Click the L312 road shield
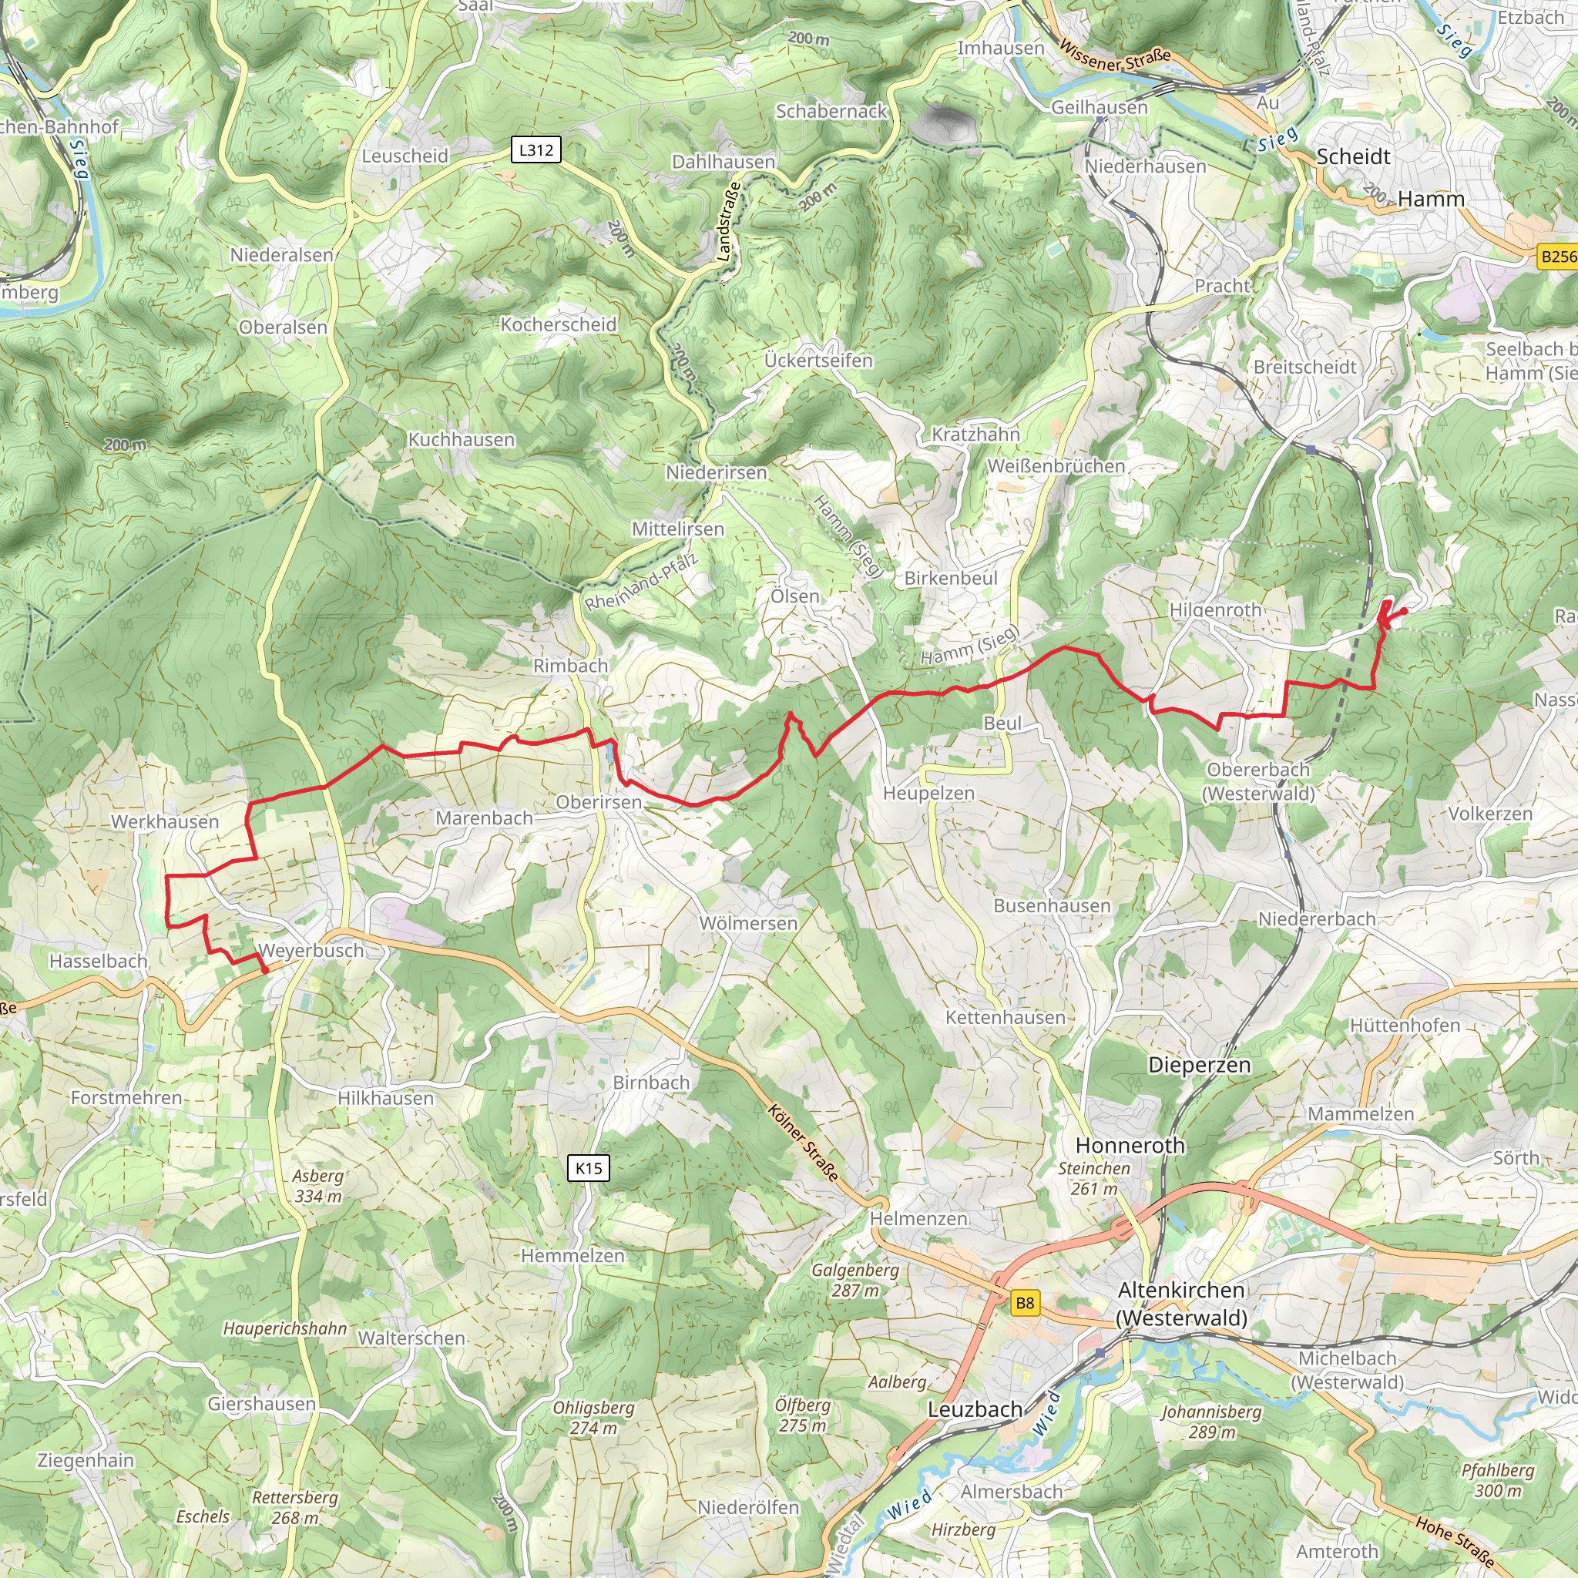point(536,149)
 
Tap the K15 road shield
point(588,1168)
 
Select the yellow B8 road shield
point(1024,1303)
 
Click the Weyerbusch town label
point(311,951)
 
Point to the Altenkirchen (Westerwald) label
point(1181,1304)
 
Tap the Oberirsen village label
point(599,802)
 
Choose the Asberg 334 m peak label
point(318,1186)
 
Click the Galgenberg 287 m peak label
point(855,1280)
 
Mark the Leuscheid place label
point(405,156)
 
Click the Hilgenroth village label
point(1215,610)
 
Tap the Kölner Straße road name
point(803,1143)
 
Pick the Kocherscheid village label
point(559,324)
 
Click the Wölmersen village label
point(748,923)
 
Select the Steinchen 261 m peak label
point(1093,1179)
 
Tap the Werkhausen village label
point(165,821)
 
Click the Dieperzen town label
point(1199,1065)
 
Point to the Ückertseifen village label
point(818,360)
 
